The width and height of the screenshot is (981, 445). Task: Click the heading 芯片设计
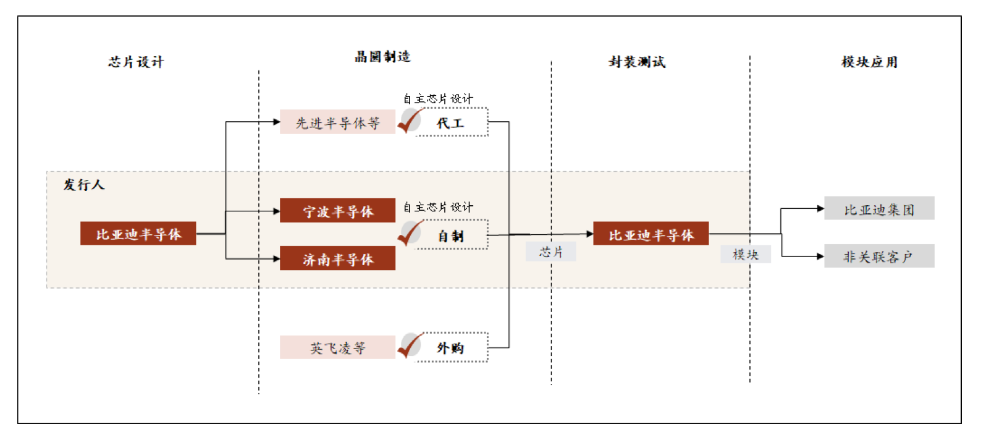(x=136, y=62)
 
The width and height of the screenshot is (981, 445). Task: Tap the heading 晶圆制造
(x=382, y=57)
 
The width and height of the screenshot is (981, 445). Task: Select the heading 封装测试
(x=637, y=62)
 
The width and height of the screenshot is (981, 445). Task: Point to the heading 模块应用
(x=869, y=62)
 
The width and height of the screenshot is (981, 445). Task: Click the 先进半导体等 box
(x=337, y=122)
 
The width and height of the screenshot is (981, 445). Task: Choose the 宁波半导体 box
(x=337, y=211)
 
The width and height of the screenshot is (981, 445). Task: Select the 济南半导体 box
(x=337, y=258)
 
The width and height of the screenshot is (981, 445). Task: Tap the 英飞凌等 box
(x=337, y=347)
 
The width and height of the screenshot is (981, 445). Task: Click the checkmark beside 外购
(x=410, y=346)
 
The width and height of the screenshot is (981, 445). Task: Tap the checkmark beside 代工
(x=410, y=121)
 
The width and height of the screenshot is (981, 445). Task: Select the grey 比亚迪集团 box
(x=878, y=209)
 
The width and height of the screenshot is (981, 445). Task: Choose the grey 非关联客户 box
(x=878, y=256)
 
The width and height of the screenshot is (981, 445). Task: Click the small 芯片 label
(x=550, y=252)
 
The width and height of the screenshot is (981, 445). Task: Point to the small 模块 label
(x=745, y=254)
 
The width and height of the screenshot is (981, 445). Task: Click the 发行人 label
(x=84, y=184)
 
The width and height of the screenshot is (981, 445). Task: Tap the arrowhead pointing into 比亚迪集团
(x=820, y=209)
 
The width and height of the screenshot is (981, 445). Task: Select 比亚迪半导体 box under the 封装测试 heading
(x=650, y=234)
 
